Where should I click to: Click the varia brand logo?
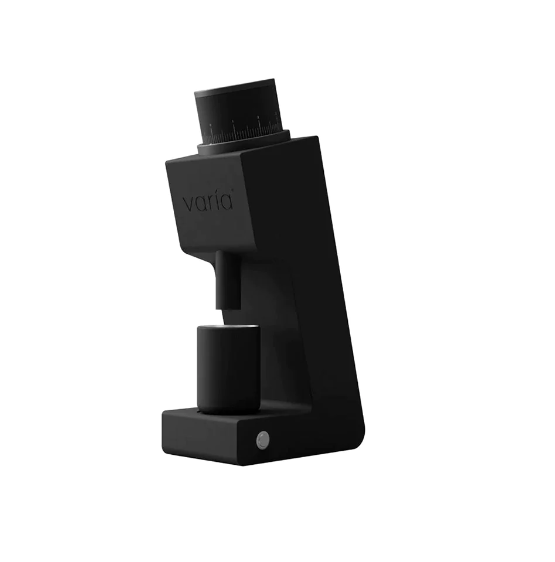click(x=208, y=202)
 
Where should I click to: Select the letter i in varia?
click(x=219, y=202)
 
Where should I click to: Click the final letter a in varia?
click(x=227, y=203)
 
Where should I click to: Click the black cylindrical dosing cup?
click(x=228, y=370)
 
